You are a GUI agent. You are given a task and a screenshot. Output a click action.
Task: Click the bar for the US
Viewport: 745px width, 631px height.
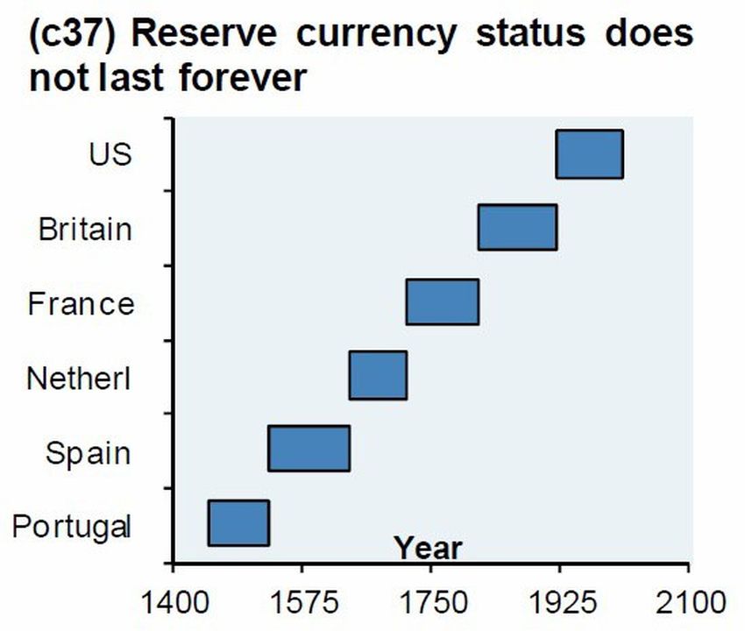click(x=589, y=153)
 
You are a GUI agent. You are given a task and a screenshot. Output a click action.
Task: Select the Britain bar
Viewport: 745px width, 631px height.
click(x=517, y=227)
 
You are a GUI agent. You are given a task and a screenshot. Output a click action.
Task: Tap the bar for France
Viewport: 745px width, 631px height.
click(x=442, y=301)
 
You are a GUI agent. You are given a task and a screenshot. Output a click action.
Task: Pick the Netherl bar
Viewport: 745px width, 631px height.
click(x=378, y=375)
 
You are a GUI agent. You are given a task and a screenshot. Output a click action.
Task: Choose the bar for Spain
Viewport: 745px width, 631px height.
click(x=309, y=448)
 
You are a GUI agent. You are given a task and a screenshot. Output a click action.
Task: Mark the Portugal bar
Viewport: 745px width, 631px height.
click(x=238, y=522)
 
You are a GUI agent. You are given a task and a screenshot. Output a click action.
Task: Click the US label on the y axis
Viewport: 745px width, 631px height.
click(x=110, y=154)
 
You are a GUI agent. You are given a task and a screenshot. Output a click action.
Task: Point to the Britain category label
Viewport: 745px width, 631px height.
click(x=85, y=230)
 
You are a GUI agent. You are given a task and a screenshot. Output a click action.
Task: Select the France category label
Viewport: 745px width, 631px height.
click(x=81, y=304)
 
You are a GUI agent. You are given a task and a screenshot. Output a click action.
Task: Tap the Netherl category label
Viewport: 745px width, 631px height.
click(x=79, y=379)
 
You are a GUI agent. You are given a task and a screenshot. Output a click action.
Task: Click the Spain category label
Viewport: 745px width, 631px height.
click(x=88, y=453)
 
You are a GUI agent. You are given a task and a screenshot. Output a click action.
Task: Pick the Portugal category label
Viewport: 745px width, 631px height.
click(x=73, y=528)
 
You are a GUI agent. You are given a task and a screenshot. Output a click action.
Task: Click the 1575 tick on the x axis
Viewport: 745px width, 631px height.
click(x=302, y=602)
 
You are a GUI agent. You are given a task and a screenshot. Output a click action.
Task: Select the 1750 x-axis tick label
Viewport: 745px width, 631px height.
click(x=430, y=602)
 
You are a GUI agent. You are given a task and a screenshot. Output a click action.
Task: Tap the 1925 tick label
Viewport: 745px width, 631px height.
click(x=559, y=602)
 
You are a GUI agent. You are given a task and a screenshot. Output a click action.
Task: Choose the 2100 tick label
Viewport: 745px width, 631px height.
click(x=689, y=602)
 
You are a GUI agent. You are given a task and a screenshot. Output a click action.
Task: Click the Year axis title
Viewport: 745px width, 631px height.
click(x=427, y=549)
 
